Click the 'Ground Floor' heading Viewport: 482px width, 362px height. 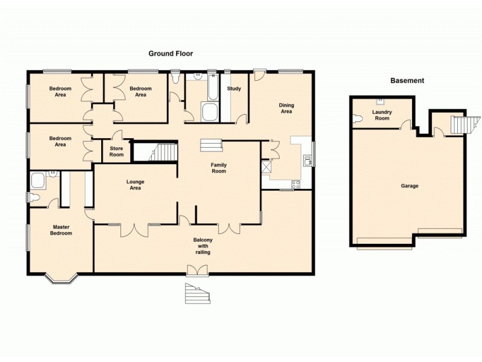[171, 54]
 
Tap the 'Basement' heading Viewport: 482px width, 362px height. [407, 80]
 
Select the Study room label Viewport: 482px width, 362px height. [234, 89]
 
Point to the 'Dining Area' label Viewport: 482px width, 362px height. [286, 108]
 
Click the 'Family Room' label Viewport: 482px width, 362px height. [218, 168]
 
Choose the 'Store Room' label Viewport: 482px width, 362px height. [116, 151]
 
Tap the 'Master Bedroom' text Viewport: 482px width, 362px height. [60, 230]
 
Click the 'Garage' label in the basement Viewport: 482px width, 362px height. [410, 186]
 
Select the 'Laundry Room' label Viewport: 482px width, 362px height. [382, 115]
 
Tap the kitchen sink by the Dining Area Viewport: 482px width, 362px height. [307, 160]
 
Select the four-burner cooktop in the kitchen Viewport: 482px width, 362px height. [295, 185]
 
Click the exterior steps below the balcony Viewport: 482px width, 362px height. [198, 293]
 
